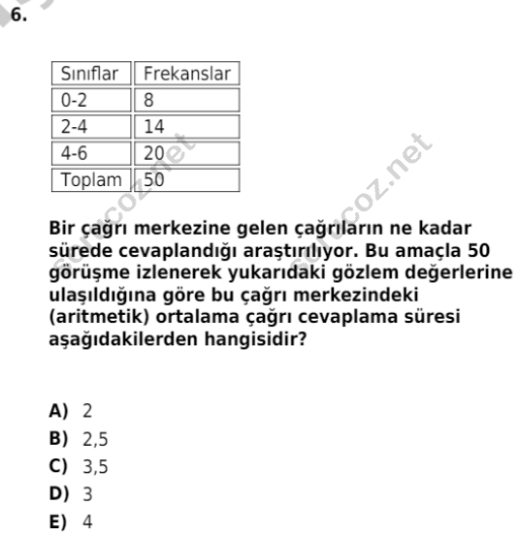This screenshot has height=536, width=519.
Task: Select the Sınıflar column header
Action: (x=90, y=75)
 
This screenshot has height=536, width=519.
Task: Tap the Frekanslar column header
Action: (x=187, y=75)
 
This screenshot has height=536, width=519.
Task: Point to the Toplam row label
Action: (x=92, y=179)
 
